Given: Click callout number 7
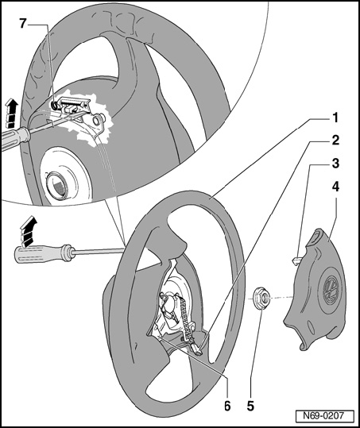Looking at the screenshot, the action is (x=23, y=24).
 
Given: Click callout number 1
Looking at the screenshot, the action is (x=335, y=118).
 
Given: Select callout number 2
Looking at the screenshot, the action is (x=335, y=140).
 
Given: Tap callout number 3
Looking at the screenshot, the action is (x=335, y=164).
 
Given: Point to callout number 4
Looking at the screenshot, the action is (x=335, y=187).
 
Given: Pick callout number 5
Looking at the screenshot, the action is (x=250, y=406).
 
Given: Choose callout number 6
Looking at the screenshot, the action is (x=227, y=406).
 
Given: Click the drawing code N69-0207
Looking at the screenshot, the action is (x=325, y=415).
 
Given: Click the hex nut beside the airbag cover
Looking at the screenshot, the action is (x=261, y=298).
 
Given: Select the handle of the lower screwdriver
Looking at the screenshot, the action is (x=42, y=254).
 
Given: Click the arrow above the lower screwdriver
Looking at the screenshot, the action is (x=28, y=231).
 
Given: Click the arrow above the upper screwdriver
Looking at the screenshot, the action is (x=11, y=113).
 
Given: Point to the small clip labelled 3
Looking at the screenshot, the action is (x=295, y=261).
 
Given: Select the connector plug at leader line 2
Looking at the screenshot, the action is (x=198, y=351).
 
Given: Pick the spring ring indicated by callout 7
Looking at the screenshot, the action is (x=55, y=105).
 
